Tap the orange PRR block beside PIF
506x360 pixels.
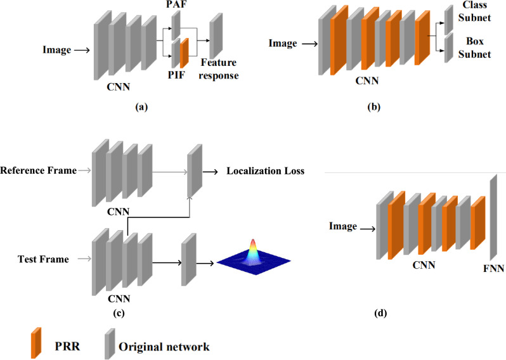pos(185,53)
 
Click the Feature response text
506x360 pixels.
pos(219,69)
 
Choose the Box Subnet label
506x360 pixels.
pos(474,48)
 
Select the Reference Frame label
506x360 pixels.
pos(38,170)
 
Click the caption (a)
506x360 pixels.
pos(141,107)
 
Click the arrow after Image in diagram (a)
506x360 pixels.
pos(81,49)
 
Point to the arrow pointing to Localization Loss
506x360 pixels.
pos(211,170)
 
